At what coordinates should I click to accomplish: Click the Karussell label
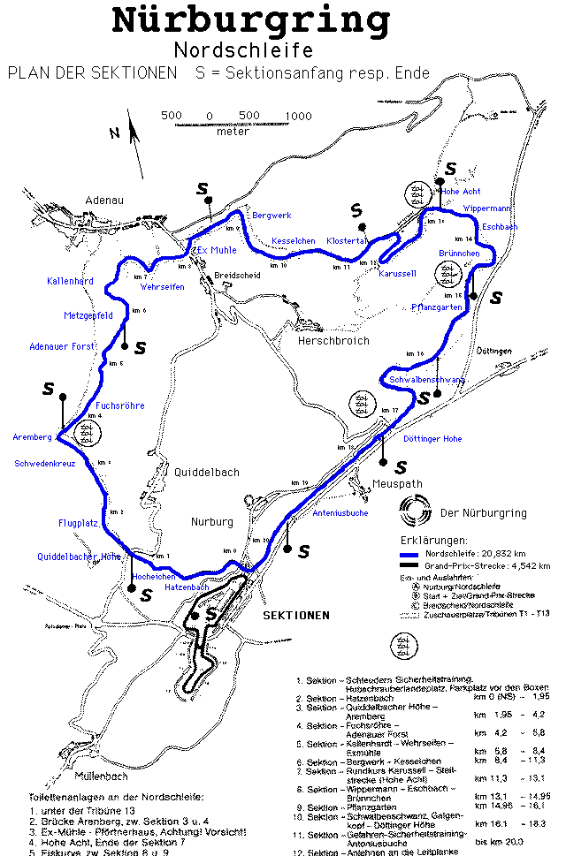397,274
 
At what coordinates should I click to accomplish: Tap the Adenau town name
103,201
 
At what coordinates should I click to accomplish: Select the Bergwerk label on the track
272,216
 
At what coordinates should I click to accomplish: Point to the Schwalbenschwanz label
426,380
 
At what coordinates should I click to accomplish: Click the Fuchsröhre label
119,405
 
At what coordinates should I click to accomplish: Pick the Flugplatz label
78,523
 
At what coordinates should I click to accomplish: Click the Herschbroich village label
333,340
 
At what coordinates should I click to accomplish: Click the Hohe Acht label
461,191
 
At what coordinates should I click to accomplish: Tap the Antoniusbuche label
340,512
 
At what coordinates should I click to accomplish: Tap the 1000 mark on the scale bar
298,116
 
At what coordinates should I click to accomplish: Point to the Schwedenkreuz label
44,463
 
